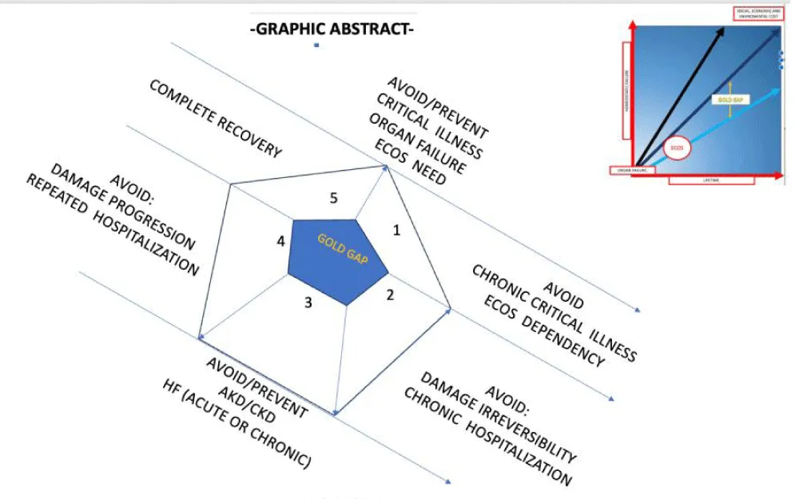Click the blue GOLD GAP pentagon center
click(x=339, y=259)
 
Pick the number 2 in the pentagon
click(x=390, y=295)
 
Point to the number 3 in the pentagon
click(x=308, y=303)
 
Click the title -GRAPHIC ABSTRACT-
click(x=332, y=31)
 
